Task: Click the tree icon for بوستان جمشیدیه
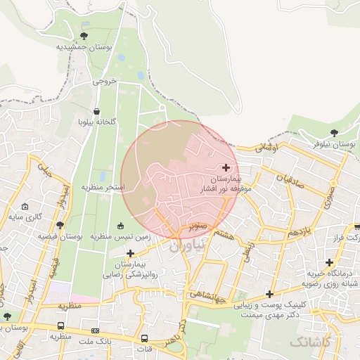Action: tap(84, 35)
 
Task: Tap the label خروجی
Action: tap(104, 82)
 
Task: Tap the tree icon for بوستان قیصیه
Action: tap(60, 226)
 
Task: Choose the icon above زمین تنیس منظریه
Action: tap(120, 226)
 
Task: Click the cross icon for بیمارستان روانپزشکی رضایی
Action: tap(130, 252)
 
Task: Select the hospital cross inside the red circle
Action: tap(226, 167)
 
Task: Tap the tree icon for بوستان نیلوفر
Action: tap(334, 132)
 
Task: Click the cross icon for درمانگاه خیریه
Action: tap(328, 262)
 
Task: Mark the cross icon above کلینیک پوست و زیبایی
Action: tap(269, 294)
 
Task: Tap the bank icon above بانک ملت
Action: tap(95, 330)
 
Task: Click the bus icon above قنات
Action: tap(144, 337)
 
